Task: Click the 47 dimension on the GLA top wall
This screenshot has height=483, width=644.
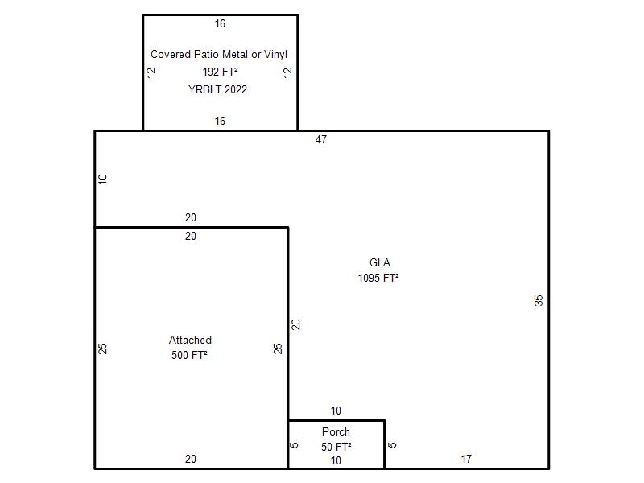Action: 321,139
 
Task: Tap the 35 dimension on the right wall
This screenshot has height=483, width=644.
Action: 539,300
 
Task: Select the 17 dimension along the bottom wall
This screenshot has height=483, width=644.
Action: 466,459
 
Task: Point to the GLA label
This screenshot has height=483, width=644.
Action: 380,263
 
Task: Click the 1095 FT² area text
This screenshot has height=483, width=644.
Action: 378,278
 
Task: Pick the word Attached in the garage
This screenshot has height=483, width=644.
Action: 190,340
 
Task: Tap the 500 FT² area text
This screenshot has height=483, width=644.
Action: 189,355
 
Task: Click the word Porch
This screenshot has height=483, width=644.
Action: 336,431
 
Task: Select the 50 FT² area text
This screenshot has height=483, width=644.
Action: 336,447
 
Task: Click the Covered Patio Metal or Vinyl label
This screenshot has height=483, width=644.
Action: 219,54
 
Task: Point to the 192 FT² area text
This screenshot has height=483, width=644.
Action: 220,72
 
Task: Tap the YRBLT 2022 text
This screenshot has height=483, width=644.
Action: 217,89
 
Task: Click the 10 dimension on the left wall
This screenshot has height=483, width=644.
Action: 103,179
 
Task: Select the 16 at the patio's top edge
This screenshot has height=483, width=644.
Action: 220,24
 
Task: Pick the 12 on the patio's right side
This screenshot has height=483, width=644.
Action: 287,72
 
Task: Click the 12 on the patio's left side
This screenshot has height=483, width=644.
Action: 151,72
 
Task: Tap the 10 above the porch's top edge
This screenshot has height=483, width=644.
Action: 336,411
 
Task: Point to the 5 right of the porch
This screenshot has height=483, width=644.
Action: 393,445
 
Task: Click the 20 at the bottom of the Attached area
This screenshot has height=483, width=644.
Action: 191,459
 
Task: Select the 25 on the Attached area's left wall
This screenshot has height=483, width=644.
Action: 103,349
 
